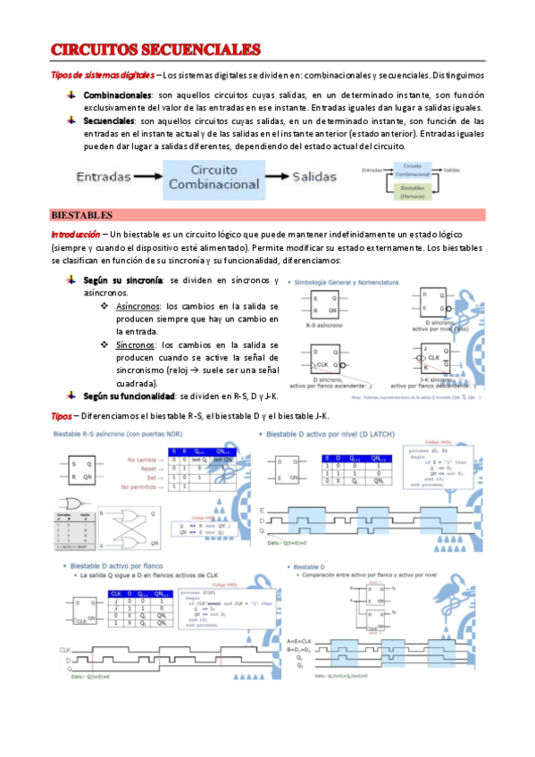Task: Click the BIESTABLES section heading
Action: [81, 215]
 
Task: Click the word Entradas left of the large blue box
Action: [114, 177]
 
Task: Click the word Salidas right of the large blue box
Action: [321, 177]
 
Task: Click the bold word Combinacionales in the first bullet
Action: [117, 95]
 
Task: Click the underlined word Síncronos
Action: [137, 345]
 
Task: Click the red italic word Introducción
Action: [75, 233]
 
